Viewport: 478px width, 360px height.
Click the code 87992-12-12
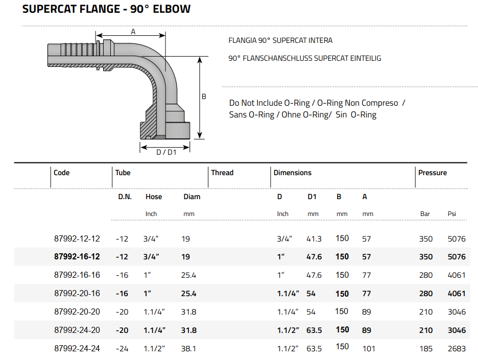77,238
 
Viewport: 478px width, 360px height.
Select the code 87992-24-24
77,349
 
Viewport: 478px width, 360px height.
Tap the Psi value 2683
457,349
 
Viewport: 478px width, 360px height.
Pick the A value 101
368,349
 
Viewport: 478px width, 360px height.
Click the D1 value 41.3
314,238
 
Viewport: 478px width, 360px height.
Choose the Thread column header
222,173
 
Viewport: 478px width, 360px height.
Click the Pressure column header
432,173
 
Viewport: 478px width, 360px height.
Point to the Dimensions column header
292,173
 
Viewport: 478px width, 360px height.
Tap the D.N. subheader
125,197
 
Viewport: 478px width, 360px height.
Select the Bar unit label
425,214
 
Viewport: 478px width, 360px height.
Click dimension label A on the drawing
133,32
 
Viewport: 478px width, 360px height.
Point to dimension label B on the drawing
204,96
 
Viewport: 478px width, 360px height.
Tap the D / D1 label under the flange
166,152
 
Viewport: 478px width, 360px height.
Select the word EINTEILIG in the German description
364,58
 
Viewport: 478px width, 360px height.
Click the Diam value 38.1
189,349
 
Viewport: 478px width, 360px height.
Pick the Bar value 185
426,349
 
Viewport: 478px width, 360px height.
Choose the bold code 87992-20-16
77,294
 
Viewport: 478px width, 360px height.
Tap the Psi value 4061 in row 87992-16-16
457,275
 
